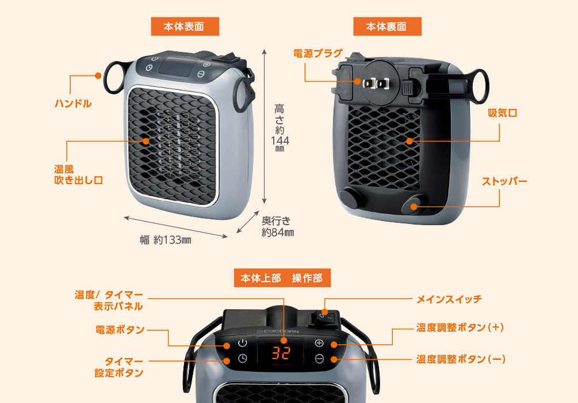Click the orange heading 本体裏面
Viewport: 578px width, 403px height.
(x=386, y=26)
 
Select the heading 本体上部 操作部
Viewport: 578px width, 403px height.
(x=282, y=278)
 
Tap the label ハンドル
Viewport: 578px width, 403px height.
(x=73, y=104)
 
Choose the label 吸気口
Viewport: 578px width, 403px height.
(x=502, y=113)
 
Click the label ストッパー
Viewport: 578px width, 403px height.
(x=504, y=181)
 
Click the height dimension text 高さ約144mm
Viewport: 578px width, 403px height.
(x=280, y=128)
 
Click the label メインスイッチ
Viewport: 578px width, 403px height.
(x=449, y=299)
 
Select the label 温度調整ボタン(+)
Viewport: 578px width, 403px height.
(x=460, y=328)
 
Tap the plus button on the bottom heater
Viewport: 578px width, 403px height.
(x=320, y=344)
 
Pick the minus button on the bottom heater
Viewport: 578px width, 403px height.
(x=320, y=359)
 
